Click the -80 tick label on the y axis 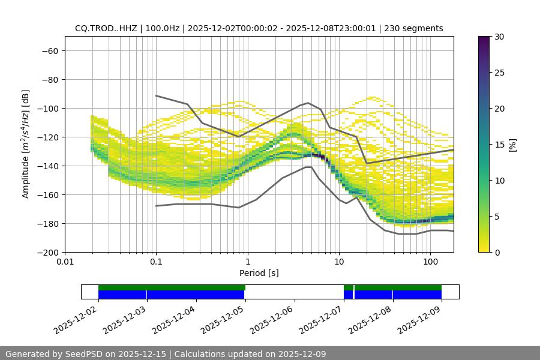pyautogui.click(x=49, y=79)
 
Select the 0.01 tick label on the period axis pyautogui.click(x=65, y=262)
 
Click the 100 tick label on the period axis pyautogui.click(x=430, y=262)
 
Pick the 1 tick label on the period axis pyautogui.click(x=247, y=262)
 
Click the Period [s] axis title pyautogui.click(x=259, y=273)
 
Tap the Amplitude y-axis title pyautogui.click(x=26, y=144)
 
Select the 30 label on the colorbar pyautogui.click(x=499, y=37)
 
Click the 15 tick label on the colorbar pyautogui.click(x=499, y=145)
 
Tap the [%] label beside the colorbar pyautogui.click(x=512, y=145)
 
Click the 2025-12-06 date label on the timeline pyautogui.click(x=271, y=318)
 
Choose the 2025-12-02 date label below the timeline pyautogui.click(x=75, y=318)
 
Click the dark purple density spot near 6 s pyautogui.click(x=322, y=157)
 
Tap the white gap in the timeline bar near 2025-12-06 pyautogui.click(x=294, y=292)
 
